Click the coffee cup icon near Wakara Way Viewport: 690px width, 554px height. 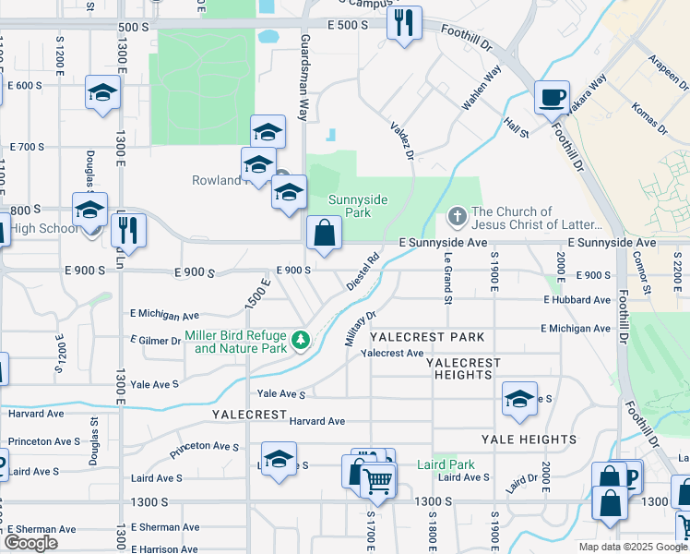[x=553, y=96]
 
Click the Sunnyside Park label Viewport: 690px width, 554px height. [x=358, y=206]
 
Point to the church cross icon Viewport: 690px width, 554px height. [x=457, y=217]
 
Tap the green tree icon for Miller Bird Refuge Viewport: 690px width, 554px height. [x=300, y=342]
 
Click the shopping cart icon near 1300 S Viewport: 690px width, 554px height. [x=376, y=480]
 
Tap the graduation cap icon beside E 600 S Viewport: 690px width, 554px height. [x=103, y=93]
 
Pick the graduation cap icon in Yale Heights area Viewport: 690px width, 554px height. [x=519, y=399]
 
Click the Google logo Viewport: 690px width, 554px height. [x=30, y=543]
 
